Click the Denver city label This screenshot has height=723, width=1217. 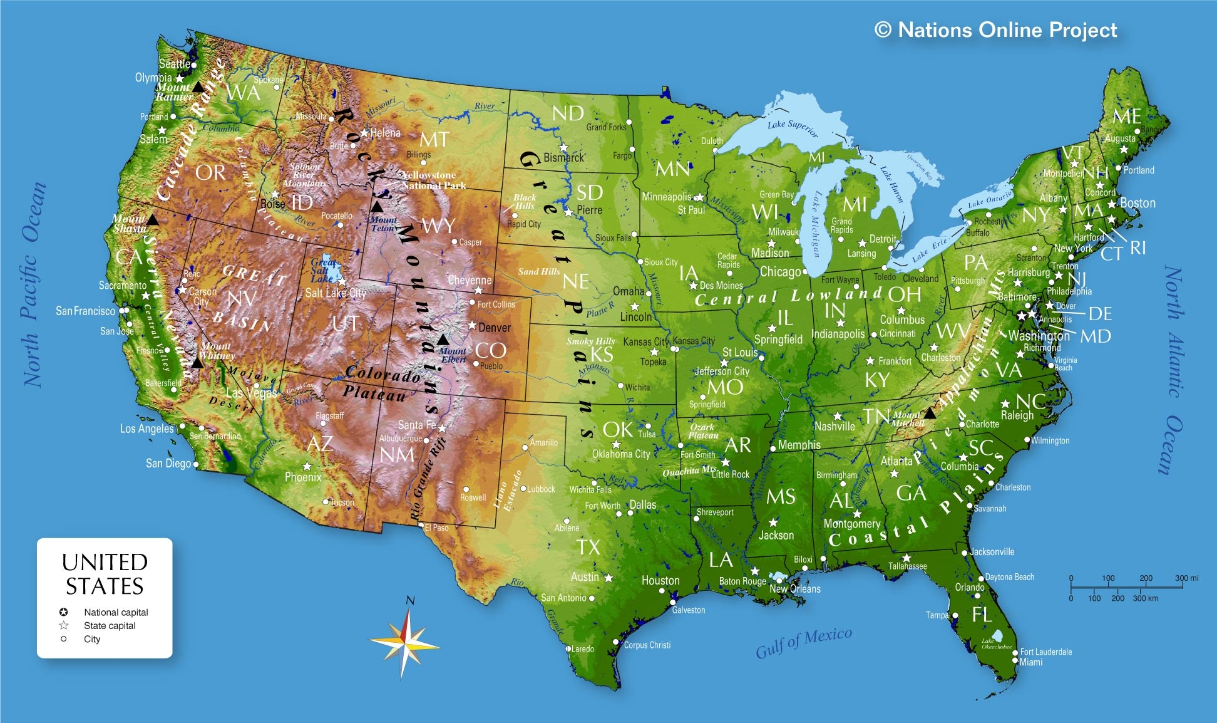click(x=494, y=328)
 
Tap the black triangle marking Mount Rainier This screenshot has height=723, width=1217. click(x=198, y=87)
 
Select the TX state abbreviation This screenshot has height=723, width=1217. click(x=588, y=548)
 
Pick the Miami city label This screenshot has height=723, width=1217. click(x=1030, y=662)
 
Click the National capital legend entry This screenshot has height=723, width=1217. click(x=116, y=612)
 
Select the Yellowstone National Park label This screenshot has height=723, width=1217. click(x=433, y=180)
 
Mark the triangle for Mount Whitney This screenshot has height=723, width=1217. click(x=197, y=363)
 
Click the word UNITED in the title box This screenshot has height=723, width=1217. click(x=105, y=562)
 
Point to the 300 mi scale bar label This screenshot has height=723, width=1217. click(x=1186, y=578)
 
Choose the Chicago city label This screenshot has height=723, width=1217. click(x=779, y=271)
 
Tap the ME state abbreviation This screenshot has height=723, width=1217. click(x=1126, y=117)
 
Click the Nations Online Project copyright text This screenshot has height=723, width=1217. click(x=995, y=29)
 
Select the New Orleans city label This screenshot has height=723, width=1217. click(x=794, y=589)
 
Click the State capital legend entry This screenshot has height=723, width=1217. click(x=110, y=625)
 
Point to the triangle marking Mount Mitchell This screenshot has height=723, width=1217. click(x=930, y=414)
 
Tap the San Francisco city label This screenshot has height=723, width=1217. click(x=86, y=311)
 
